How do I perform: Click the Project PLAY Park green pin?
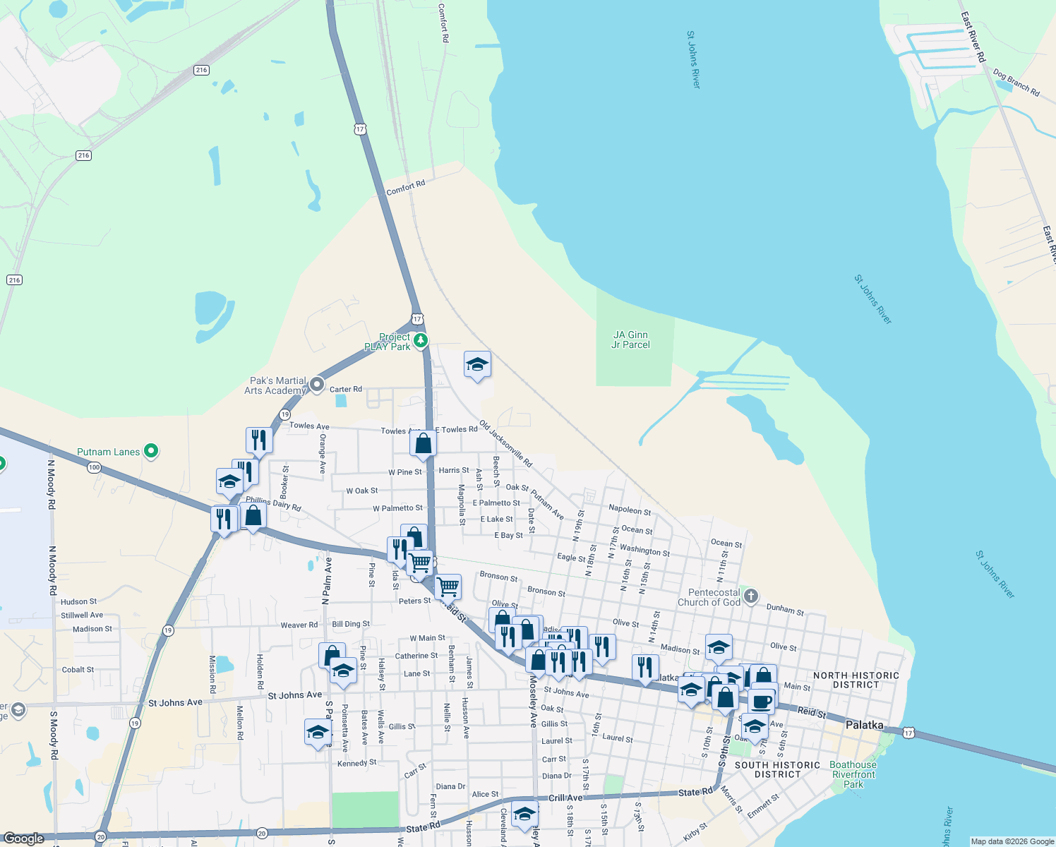421,341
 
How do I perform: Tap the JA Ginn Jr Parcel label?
631,340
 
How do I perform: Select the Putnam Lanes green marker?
150,450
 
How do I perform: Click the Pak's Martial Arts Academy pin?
317,385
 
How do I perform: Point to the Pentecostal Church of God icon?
751,596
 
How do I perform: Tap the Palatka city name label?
864,725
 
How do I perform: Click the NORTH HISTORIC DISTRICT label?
856,680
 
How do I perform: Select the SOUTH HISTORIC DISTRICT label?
777,769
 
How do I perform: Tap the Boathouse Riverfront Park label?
853,774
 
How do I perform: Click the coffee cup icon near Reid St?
762,702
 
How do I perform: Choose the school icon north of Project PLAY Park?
477,365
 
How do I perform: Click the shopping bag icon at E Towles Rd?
424,443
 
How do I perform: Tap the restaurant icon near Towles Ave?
259,440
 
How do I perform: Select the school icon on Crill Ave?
524,814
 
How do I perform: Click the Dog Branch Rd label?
1016,83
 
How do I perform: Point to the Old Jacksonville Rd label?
505,444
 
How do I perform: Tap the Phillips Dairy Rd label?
273,503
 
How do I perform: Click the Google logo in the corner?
24,839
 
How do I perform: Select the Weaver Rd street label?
299,625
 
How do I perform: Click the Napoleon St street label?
630,510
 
